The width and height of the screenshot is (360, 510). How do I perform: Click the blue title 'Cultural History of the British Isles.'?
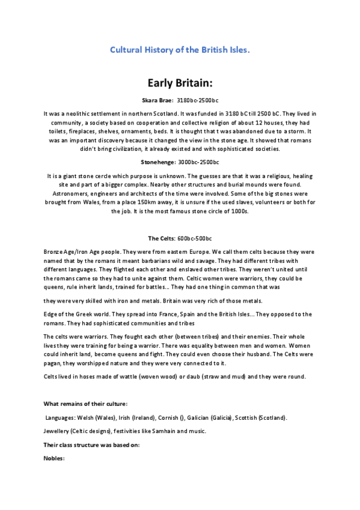[x=180, y=50]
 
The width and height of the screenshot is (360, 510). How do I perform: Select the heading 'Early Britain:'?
[x=180, y=82]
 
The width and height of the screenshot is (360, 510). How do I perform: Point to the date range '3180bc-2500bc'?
[x=199, y=100]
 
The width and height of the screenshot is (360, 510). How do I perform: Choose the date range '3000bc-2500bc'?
[x=200, y=162]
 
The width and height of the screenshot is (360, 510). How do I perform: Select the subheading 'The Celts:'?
[x=161, y=239]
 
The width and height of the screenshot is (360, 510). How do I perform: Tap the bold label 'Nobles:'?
[x=54, y=458]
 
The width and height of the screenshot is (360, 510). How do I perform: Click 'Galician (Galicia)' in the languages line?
[x=205, y=417]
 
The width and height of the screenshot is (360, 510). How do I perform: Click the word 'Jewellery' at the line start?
[x=57, y=431]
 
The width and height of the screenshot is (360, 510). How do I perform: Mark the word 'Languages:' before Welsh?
[x=61, y=417]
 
